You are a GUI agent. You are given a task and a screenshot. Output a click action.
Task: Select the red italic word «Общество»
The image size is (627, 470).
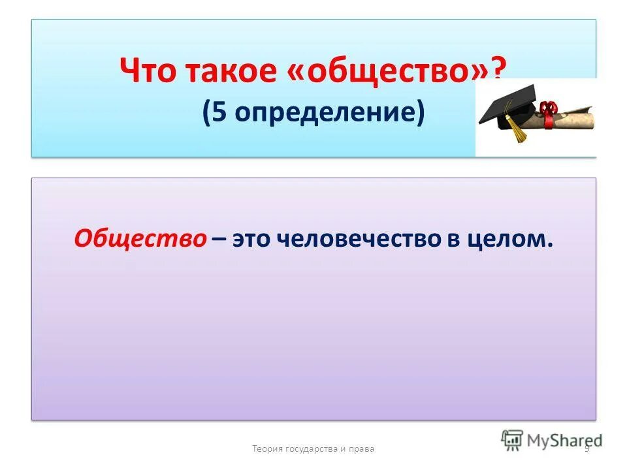pyautogui.click(x=140, y=238)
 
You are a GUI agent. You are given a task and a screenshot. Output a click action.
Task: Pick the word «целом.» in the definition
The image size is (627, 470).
pyautogui.click(x=508, y=239)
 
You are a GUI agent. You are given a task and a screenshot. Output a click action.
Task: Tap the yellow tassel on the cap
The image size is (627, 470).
pyautogui.click(x=518, y=133)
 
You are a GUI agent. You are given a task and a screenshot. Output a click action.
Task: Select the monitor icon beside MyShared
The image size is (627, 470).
pyautogui.click(x=513, y=439)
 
